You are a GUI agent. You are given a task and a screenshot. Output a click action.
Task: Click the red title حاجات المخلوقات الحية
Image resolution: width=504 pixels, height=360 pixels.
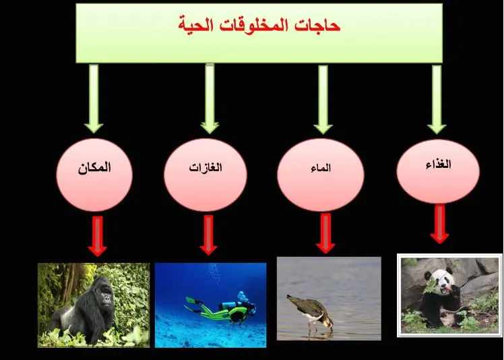click(x=259, y=26)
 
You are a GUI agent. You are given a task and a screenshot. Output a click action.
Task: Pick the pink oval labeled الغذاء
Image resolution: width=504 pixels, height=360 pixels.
click(x=438, y=171)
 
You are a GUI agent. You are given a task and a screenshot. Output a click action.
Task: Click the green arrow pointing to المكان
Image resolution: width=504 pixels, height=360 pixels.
click(x=94, y=98)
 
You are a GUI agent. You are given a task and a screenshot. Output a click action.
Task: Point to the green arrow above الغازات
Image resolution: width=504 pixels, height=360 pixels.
click(x=210, y=98)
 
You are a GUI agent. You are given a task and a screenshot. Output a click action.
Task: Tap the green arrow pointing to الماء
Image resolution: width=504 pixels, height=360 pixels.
click(x=323, y=98)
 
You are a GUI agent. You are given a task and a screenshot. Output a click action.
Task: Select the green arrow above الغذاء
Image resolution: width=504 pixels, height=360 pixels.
click(x=437, y=98)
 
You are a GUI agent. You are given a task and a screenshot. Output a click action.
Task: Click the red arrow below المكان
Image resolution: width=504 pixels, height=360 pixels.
click(x=97, y=236)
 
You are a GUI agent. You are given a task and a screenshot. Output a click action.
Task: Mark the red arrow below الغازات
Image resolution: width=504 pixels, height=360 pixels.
click(x=208, y=235)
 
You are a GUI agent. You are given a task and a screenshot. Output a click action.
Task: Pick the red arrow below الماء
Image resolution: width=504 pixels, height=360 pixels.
click(x=325, y=233)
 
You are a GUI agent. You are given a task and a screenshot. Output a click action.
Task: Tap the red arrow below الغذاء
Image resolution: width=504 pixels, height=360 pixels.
click(x=440, y=224)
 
